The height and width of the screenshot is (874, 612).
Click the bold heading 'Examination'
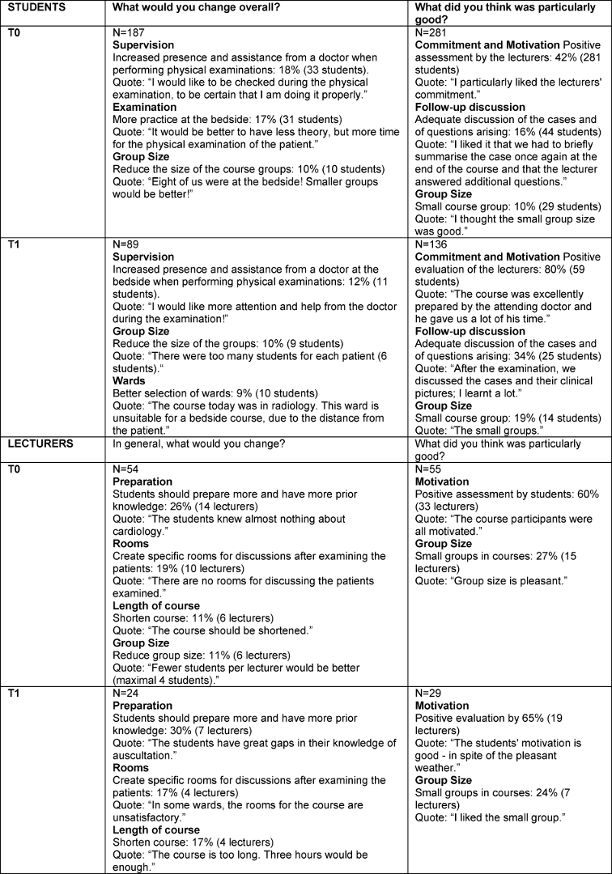[145, 106]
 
